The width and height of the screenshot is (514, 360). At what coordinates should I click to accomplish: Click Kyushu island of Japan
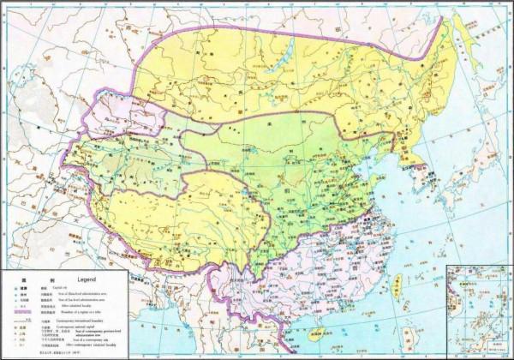tap(434, 221)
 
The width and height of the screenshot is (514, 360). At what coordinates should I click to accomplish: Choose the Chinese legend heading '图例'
tap(17, 280)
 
